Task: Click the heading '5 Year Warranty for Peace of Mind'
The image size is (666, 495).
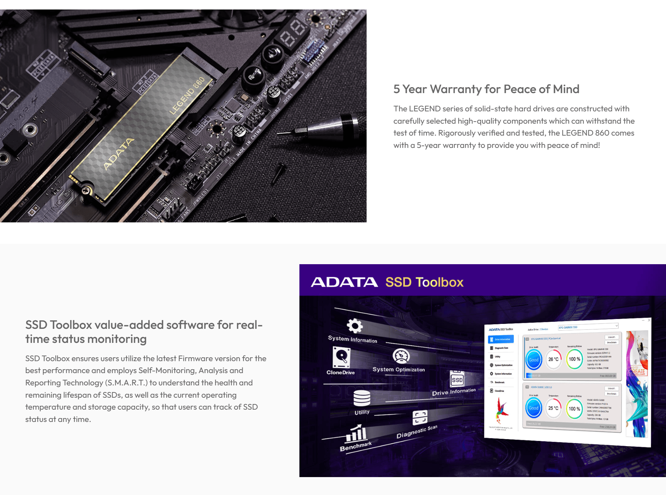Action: click(x=486, y=89)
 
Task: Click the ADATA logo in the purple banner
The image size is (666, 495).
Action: click(x=344, y=282)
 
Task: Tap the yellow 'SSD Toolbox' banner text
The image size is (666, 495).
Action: click(x=424, y=282)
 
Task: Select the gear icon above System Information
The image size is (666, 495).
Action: click(x=355, y=326)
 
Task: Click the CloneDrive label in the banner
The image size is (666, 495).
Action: click(x=340, y=372)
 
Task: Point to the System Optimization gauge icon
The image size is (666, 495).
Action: click(x=401, y=356)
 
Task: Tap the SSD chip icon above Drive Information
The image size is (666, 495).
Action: click(x=457, y=379)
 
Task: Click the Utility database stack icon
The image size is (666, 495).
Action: click(x=362, y=398)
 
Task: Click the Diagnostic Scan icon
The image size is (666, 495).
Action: click(x=420, y=418)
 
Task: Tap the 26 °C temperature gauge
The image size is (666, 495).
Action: click(x=553, y=359)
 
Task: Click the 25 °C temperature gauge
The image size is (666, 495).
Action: click(x=553, y=408)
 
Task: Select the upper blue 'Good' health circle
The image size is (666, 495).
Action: click(x=533, y=360)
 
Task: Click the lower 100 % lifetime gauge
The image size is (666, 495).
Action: click(x=574, y=409)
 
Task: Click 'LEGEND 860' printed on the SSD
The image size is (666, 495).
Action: click(x=187, y=96)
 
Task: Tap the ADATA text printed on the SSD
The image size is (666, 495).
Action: click(x=118, y=154)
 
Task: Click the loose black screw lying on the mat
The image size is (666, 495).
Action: click(x=278, y=174)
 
